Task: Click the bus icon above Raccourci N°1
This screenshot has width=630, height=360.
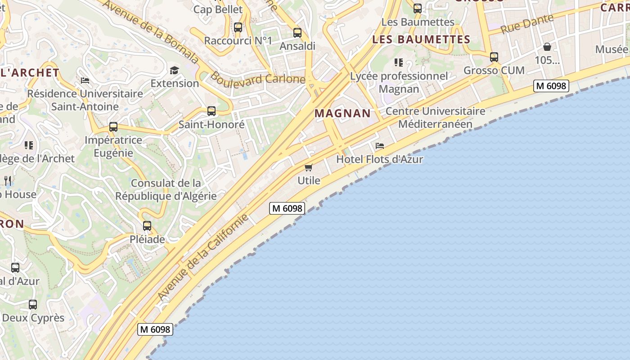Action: click(x=238, y=27)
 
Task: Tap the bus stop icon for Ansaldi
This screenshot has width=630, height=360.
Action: click(x=297, y=33)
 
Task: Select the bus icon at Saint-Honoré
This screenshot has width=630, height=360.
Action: click(x=211, y=111)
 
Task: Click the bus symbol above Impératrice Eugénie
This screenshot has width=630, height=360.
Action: click(x=113, y=127)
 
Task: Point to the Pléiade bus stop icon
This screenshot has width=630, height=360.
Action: click(x=147, y=226)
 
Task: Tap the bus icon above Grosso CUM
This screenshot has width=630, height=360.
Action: click(x=494, y=57)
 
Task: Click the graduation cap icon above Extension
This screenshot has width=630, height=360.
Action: click(x=174, y=70)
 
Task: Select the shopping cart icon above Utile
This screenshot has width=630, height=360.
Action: click(x=309, y=168)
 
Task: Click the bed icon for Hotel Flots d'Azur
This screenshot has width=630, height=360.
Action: click(x=380, y=146)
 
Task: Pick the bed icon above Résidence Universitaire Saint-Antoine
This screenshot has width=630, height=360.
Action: click(x=85, y=81)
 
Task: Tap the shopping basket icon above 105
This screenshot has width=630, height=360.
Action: click(x=547, y=47)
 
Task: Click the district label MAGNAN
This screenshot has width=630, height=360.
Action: click(x=342, y=113)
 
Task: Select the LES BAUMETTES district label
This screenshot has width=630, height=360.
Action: click(x=421, y=40)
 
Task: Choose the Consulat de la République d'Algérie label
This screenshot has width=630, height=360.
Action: click(x=166, y=189)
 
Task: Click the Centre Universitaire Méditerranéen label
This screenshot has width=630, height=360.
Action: click(x=436, y=117)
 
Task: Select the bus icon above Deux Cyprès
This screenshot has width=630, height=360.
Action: click(x=33, y=305)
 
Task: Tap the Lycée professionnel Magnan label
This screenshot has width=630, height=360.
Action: click(x=399, y=82)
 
